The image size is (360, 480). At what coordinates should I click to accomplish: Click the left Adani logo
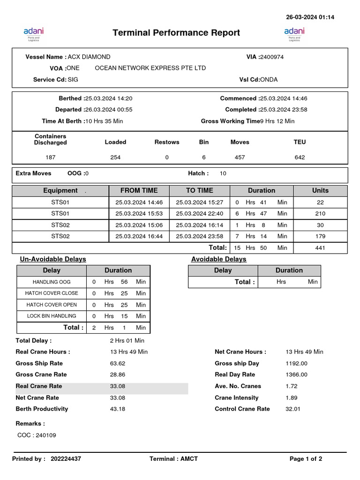coord(33,34)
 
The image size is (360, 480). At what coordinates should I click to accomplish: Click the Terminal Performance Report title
coord(176,33)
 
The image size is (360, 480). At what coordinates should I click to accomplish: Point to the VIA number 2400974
coord(271,57)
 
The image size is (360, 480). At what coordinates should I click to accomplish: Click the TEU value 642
coord(300,157)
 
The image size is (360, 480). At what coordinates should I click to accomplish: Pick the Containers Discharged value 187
coord(50,157)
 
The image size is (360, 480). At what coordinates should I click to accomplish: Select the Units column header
coord(320,191)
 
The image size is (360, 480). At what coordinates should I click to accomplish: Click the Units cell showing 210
coord(320,214)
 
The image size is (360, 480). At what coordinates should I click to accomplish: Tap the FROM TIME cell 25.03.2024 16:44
coord(139,237)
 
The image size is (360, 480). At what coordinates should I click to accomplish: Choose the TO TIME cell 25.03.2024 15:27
coord(199,202)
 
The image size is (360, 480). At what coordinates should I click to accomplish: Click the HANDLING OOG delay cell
coord(52,282)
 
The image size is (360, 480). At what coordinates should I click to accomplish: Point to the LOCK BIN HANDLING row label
coord(52,316)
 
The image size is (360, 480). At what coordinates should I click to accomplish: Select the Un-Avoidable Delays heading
coord(53,259)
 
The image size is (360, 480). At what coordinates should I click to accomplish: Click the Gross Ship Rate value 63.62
coord(117,364)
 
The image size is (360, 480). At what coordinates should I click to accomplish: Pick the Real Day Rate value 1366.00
coord(296,375)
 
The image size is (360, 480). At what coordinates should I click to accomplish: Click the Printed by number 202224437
coord(66,459)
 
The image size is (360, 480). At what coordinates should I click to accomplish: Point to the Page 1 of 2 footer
coord(306,459)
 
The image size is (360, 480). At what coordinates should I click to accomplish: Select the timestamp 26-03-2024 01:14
coord(310,17)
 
